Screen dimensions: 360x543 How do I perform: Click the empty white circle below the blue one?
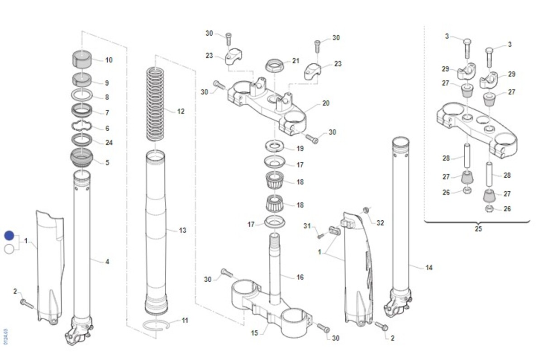tap(9, 248)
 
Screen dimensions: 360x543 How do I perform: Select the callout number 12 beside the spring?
tap(181, 111)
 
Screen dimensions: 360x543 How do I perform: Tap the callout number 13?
tap(182, 231)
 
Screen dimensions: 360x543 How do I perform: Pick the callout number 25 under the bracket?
tap(478, 229)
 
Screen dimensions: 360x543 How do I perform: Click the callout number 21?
tap(295, 61)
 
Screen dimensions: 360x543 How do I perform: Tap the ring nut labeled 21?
tap(274, 65)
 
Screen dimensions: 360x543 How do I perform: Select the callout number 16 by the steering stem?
tap(300, 277)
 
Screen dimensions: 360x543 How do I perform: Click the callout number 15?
tap(255, 333)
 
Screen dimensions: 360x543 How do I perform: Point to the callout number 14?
tap(429, 268)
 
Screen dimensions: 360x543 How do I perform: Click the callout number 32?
tap(380, 223)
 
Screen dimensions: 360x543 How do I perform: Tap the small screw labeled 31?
tap(321, 236)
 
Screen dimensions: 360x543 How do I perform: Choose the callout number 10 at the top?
tap(109, 60)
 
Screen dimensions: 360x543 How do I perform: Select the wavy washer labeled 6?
tap(82, 128)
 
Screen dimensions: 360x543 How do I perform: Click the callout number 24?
tap(109, 143)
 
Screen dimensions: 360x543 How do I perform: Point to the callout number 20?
tap(326, 104)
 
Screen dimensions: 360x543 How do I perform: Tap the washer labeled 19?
tap(274, 146)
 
